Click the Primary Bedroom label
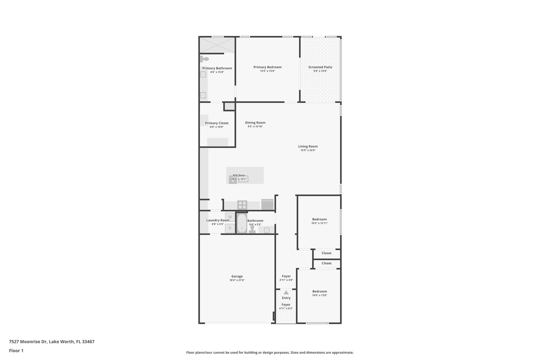click(267, 67)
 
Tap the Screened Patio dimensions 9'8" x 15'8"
click(320, 71)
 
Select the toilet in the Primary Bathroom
click(205, 59)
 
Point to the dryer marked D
click(230, 228)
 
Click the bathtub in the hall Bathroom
click(242, 223)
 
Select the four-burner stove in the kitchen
click(242, 205)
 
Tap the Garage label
click(237, 276)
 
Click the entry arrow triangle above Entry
click(286, 292)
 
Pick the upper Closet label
click(326, 253)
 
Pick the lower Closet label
click(326, 263)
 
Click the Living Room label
click(308, 146)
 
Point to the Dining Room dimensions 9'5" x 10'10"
click(255, 127)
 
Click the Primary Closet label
click(217, 123)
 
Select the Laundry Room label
click(218, 220)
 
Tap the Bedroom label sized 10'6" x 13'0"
click(320, 291)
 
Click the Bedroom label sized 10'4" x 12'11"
click(319, 219)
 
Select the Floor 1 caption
click(16, 351)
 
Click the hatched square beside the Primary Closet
click(229, 106)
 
